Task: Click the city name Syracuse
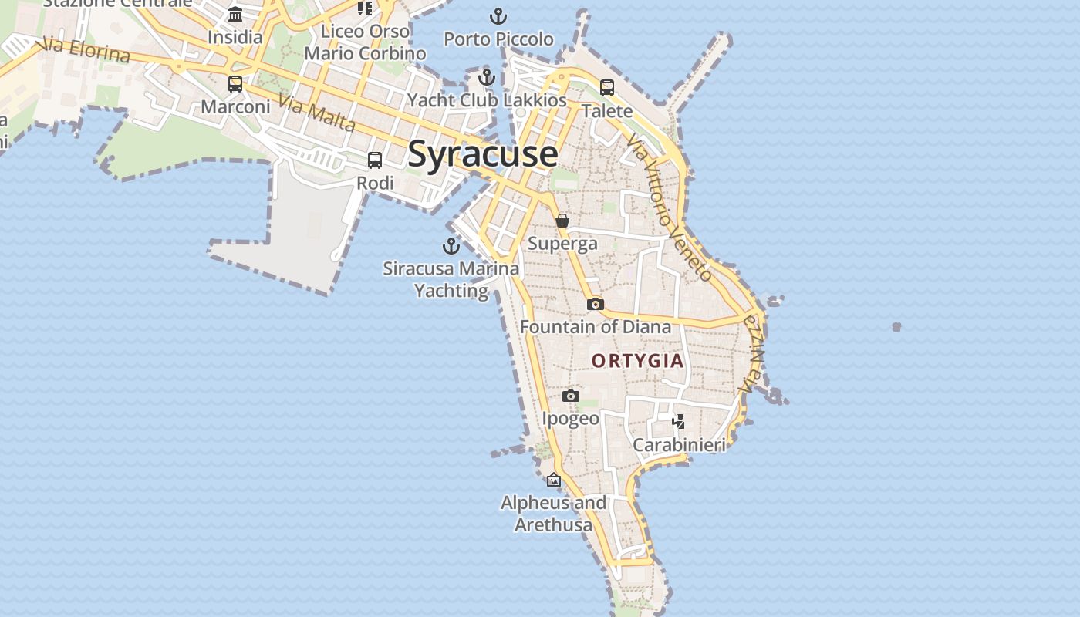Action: tap(482, 153)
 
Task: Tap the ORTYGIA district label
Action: tap(637, 361)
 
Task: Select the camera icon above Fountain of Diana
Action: tap(595, 305)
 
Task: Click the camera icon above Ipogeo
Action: tap(570, 396)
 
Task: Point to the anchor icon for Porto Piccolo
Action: tap(498, 16)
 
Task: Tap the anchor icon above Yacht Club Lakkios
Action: tap(486, 77)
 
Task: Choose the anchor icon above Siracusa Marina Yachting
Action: tap(451, 246)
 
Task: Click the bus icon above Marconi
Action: tap(235, 84)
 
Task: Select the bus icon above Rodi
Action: tap(375, 160)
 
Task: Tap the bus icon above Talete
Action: tap(607, 88)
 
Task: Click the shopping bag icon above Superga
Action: tap(562, 221)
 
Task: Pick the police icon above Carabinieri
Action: tap(679, 422)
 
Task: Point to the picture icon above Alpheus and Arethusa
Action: tap(553, 480)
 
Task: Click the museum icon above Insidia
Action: tap(235, 15)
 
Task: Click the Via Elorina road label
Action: tap(86, 50)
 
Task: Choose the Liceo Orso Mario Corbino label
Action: tap(365, 42)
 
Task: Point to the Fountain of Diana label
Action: tap(596, 327)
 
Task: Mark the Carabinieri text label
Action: tap(679, 445)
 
